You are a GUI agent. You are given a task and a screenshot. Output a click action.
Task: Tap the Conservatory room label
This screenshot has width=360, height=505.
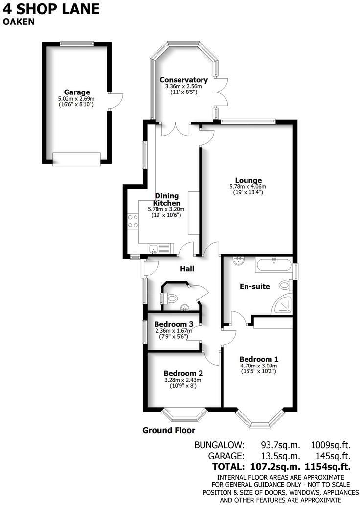(183, 80)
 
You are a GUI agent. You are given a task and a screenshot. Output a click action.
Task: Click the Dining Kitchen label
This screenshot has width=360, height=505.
(167, 199)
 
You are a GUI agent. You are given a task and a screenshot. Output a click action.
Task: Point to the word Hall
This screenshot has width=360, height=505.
(187, 269)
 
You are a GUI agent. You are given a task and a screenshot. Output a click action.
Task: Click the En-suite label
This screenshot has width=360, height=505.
(254, 286)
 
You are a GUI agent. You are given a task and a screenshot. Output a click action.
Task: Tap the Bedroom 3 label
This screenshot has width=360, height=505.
(174, 324)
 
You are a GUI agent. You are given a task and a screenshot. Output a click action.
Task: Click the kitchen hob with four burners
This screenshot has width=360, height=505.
(132, 222)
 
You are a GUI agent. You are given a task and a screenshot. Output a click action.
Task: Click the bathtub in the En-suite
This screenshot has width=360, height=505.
(272, 265)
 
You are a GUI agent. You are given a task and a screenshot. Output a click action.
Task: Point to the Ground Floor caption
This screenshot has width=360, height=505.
(169, 431)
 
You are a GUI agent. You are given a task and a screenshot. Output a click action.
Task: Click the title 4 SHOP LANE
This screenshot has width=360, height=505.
(51, 9)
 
